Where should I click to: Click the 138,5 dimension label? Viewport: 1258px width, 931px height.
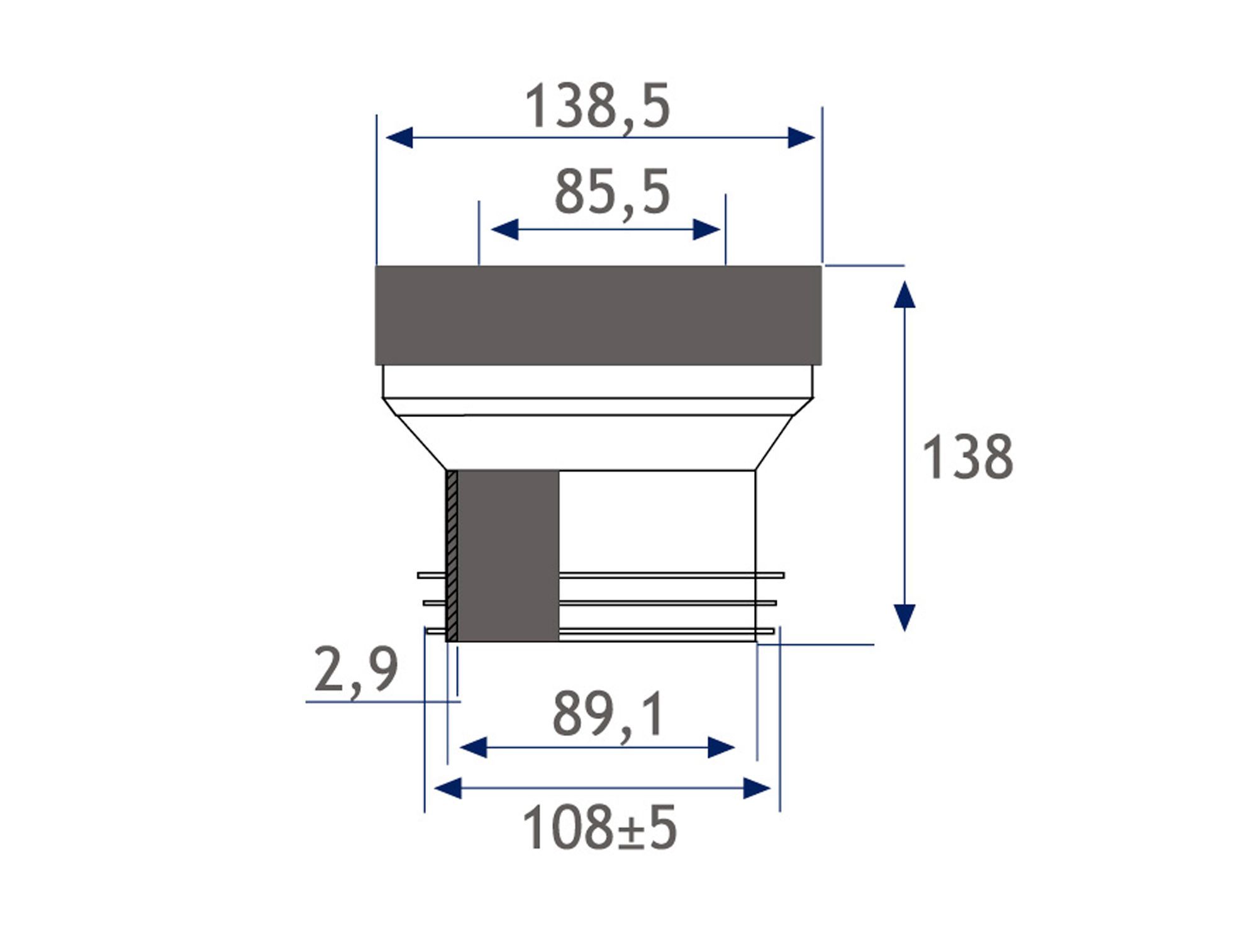[597, 107]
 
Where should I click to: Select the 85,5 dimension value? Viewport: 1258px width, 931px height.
[612, 193]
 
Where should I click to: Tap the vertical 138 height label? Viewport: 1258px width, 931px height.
[967, 457]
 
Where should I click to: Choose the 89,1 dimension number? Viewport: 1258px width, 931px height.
[608, 715]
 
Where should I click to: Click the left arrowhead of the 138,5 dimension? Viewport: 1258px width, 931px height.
[399, 137]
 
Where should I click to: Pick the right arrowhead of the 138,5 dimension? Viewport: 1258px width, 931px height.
[801, 137]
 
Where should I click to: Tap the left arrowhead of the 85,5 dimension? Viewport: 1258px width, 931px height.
[504, 230]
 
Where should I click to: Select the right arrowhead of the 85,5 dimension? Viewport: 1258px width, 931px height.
[706, 230]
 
